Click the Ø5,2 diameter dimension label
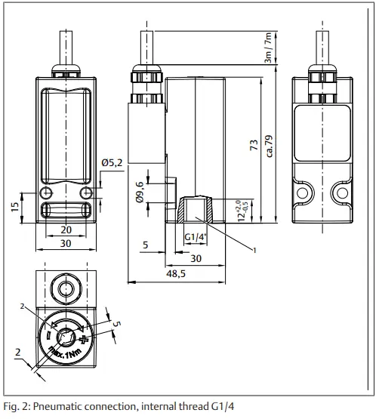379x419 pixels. [x=111, y=161]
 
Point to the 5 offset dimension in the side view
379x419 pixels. [x=143, y=245]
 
